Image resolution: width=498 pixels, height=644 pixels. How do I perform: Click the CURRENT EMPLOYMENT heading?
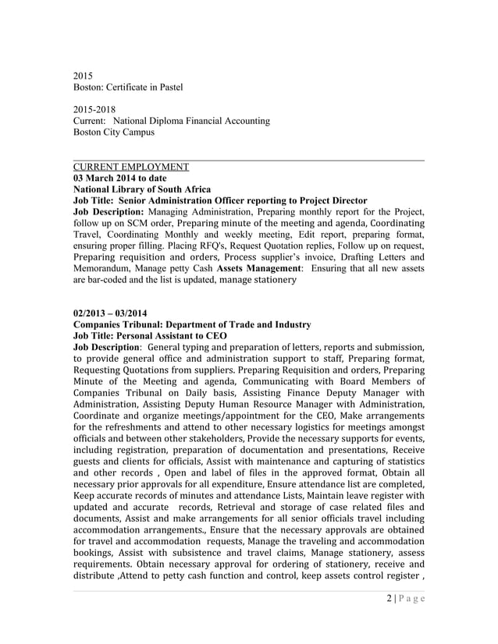click(130, 167)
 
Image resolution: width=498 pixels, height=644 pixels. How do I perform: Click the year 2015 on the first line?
click(83, 76)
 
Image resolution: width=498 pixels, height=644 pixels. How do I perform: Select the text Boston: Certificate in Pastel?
click(127, 87)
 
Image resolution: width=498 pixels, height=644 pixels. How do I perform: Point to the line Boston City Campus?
click(113, 133)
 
